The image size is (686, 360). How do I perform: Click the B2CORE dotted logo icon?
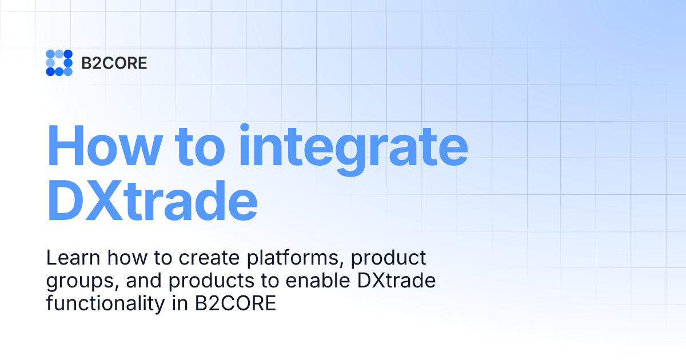point(59,63)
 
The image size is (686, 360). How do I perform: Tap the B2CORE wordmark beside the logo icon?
point(114,63)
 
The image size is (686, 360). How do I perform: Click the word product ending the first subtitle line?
point(389,259)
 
